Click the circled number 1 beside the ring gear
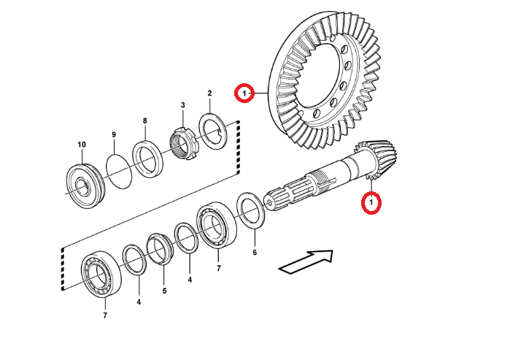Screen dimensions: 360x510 pos(244,93)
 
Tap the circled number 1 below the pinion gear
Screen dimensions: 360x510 pos(372,202)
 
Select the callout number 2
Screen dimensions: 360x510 pos(209,93)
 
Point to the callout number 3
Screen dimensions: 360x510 pos(183,106)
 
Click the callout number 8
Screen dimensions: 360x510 pos(144,120)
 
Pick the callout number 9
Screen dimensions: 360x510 pos(114,134)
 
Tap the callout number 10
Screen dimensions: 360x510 pos(82,144)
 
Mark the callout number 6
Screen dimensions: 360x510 pos(255,253)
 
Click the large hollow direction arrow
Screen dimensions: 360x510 pos(306,261)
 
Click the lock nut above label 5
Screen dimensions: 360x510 pos(159,248)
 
